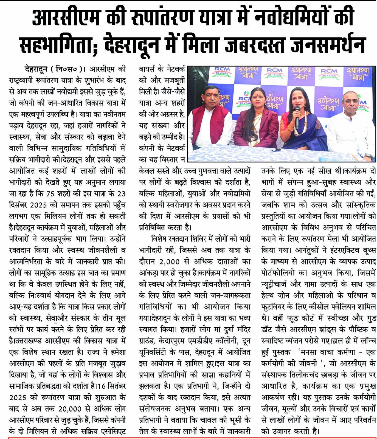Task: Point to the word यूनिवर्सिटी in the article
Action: point(156,352)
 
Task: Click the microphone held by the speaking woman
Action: point(297,115)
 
